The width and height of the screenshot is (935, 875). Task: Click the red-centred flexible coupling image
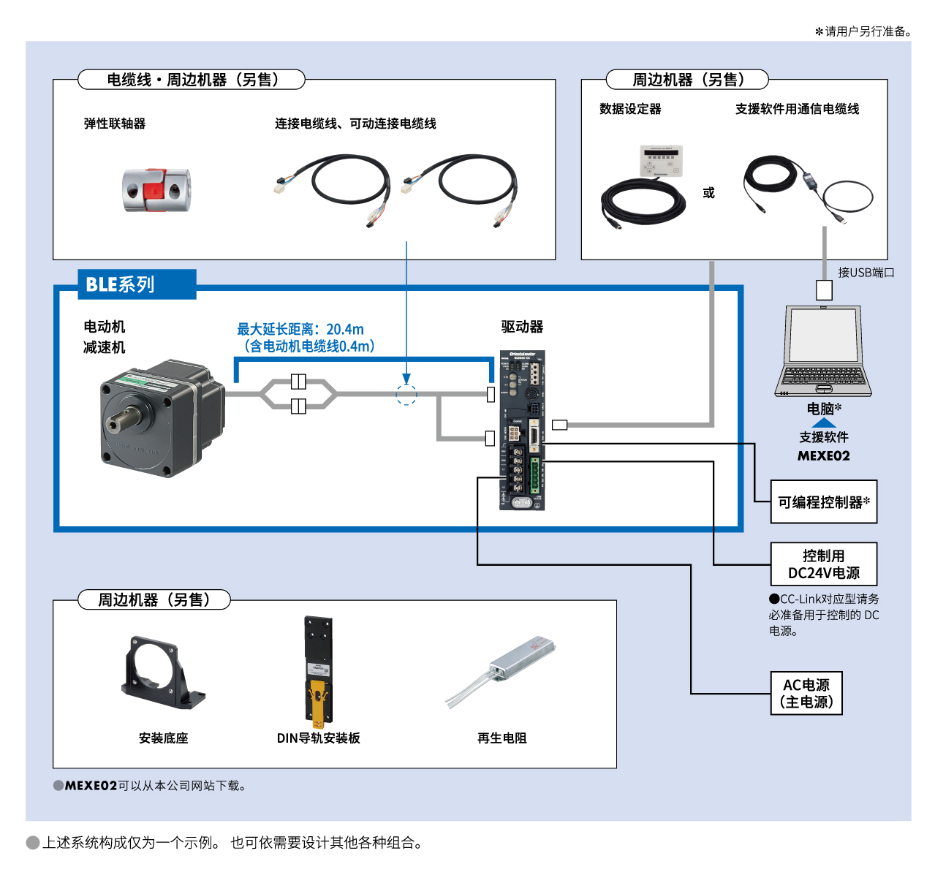[156, 190]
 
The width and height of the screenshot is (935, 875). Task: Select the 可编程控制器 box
[823, 502]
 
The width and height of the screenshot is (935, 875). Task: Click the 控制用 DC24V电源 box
[823, 564]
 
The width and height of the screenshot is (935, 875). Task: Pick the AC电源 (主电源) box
[806, 693]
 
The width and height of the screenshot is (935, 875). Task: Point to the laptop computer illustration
[823, 352]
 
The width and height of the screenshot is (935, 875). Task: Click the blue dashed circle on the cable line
[406, 395]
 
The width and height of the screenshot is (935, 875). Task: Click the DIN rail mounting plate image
[318, 671]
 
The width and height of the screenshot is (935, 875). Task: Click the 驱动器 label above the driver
[522, 327]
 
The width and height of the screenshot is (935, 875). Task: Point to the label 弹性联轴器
[115, 124]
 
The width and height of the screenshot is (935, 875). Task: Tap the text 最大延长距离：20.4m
[300, 329]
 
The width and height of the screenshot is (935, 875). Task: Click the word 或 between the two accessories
[708, 193]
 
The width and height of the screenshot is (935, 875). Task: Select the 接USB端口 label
[866, 273]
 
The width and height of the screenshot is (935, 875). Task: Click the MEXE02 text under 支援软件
[823, 456]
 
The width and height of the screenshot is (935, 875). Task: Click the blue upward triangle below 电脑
[824, 423]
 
